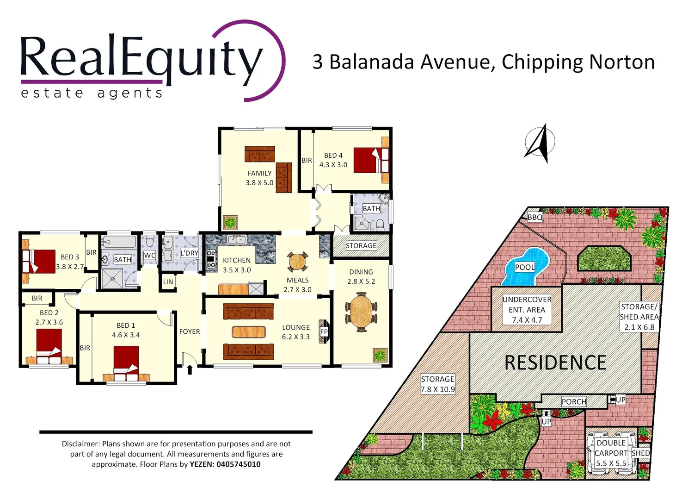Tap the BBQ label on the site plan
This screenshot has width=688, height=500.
click(535, 217)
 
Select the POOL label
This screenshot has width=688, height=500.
click(525, 267)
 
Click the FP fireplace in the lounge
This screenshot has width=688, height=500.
click(324, 331)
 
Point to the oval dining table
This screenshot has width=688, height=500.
click(361, 312)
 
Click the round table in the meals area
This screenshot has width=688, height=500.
click(297, 262)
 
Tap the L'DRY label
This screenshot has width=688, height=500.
click(189, 253)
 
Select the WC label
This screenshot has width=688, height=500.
click(149, 255)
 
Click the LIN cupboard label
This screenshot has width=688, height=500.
click(168, 282)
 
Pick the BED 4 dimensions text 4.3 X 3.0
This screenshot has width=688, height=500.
click(333, 165)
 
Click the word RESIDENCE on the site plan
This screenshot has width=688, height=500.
click(555, 363)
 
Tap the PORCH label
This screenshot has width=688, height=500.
click(574, 402)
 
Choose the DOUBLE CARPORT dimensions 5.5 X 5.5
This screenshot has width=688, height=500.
click(611, 463)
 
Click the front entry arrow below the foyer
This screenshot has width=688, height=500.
click(190, 369)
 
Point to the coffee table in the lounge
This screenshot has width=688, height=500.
click(249, 332)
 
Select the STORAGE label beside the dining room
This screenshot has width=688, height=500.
click(361, 246)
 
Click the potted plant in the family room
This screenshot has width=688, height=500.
click(230, 223)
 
